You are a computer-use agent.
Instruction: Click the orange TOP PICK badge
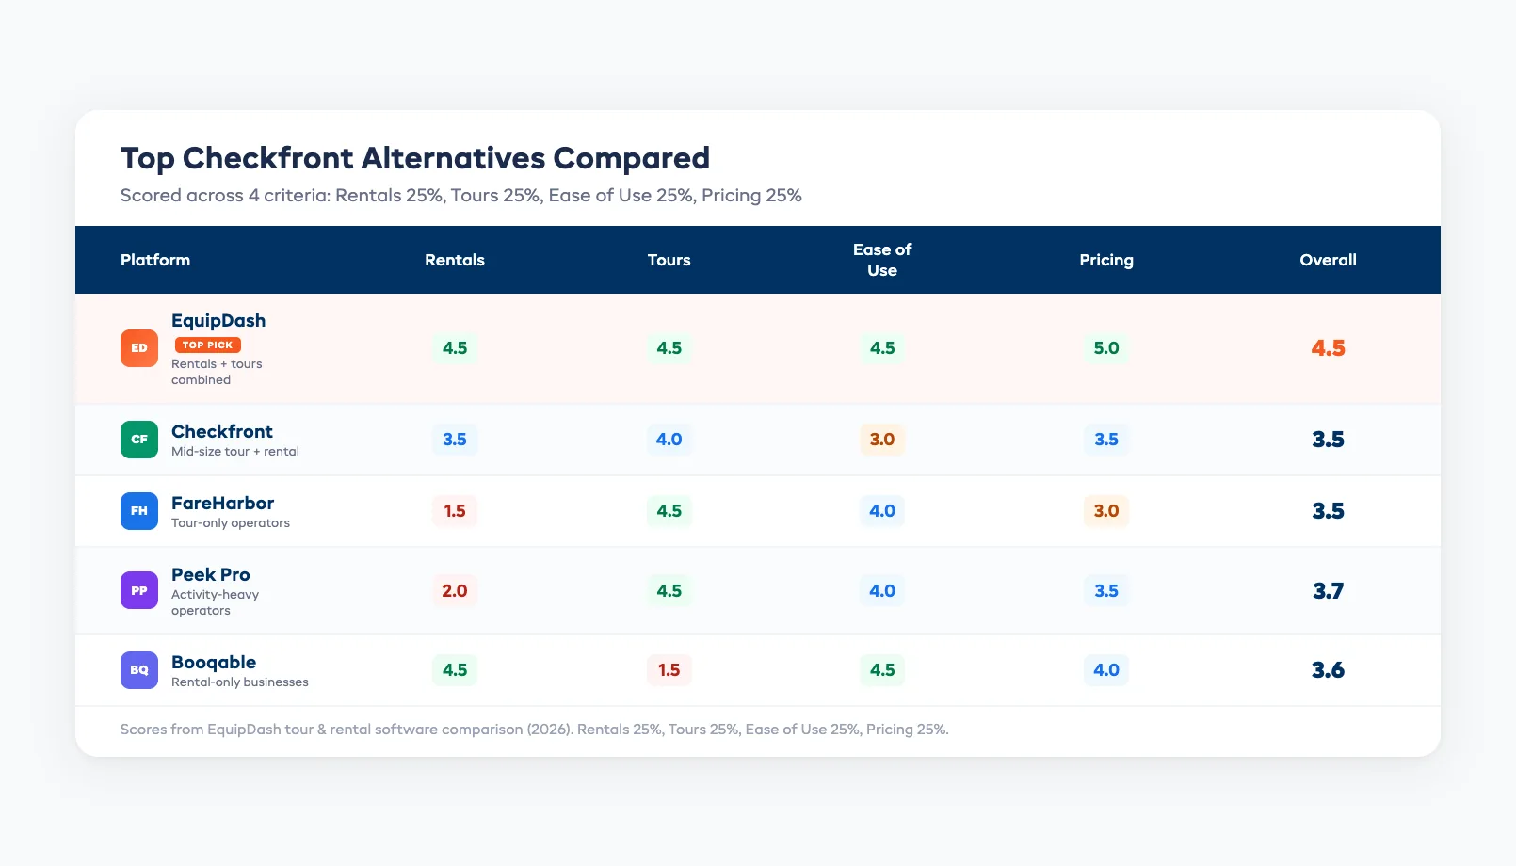208,345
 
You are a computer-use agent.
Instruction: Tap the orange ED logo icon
139,348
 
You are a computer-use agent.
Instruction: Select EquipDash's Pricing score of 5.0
1105,348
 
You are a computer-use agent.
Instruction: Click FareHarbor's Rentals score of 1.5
455,511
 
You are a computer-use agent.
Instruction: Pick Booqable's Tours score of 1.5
669,670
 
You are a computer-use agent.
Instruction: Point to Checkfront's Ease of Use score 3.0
881,440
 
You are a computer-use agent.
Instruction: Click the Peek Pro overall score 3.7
1328,591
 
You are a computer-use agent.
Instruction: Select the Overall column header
1328,260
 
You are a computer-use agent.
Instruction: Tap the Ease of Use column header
881,260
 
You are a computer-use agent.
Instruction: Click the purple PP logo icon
139,591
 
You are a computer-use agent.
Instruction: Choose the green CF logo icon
139,440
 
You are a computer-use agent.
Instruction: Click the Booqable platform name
214,662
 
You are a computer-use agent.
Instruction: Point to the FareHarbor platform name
222,503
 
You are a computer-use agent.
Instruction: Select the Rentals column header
455,260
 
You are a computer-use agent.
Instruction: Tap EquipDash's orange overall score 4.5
1328,348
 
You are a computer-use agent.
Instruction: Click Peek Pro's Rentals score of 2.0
455,591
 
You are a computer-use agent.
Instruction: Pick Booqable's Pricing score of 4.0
1105,670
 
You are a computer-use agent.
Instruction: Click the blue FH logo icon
139,511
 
